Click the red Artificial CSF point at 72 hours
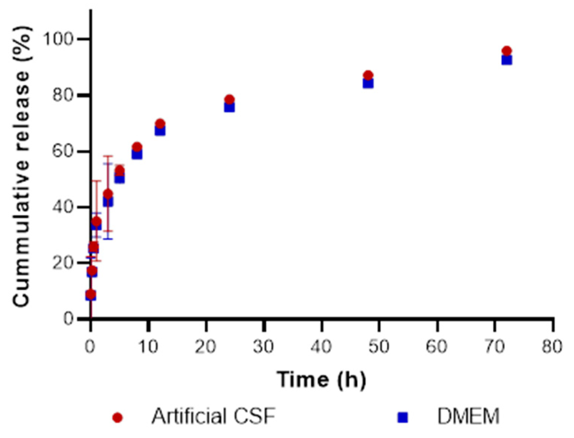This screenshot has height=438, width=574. (506, 51)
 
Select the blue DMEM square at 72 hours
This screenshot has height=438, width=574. (506, 60)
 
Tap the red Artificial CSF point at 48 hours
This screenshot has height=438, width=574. (368, 75)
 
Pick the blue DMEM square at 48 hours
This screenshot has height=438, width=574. (368, 83)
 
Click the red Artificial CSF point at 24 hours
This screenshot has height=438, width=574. (229, 99)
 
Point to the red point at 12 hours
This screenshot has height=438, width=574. (160, 124)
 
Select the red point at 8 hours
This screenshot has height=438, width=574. (137, 147)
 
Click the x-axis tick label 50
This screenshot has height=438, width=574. (379, 347)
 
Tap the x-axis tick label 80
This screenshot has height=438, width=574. (552, 347)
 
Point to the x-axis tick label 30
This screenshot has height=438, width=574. (263, 347)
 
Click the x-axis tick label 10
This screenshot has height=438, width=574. (148, 347)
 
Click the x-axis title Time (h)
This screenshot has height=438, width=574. (321, 380)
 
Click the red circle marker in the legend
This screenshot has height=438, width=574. (118, 417)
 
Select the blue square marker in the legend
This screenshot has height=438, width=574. (403, 417)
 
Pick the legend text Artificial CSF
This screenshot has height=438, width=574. (213, 416)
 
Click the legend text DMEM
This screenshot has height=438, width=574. (468, 416)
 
